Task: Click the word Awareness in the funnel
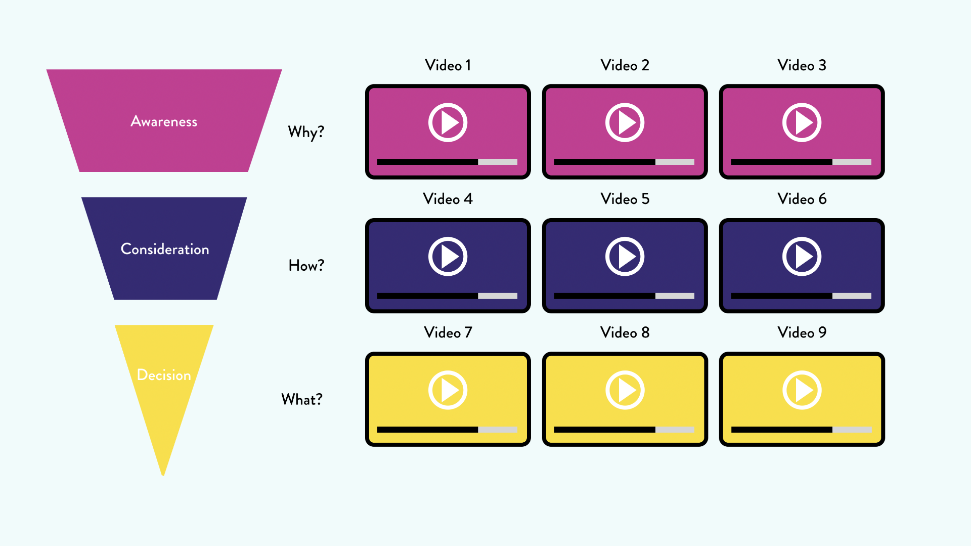click(x=164, y=121)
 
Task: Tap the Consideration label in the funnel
click(x=165, y=249)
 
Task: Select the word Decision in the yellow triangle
click(x=164, y=375)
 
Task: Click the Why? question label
click(x=306, y=132)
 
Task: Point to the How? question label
click(x=306, y=266)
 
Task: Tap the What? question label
click(x=302, y=399)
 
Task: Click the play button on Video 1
click(x=448, y=122)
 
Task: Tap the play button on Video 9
click(x=802, y=390)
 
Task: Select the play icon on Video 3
click(x=802, y=122)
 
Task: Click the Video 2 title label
click(x=625, y=65)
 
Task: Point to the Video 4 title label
click(x=448, y=199)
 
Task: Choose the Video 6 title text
click(x=802, y=199)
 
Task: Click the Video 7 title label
click(x=448, y=332)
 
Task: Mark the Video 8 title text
click(x=625, y=332)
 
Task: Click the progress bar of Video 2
click(x=624, y=162)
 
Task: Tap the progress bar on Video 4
click(x=447, y=296)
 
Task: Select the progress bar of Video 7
click(x=447, y=430)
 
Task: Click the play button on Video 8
click(x=625, y=390)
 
